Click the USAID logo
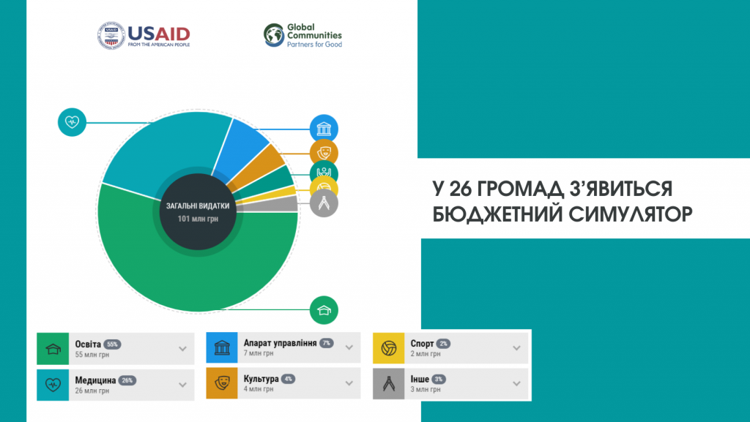click(144, 35)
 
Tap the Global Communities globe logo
click(274, 35)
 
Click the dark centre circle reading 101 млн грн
click(198, 212)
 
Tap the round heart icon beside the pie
click(72, 122)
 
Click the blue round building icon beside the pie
click(324, 129)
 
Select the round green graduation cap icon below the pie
click(324, 310)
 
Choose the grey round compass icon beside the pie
click(324, 203)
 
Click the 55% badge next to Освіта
click(112, 344)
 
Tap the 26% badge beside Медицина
click(127, 380)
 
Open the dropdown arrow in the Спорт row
click(516, 348)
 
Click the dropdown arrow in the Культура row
click(349, 383)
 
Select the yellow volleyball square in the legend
click(388, 348)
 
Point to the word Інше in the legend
click(420, 379)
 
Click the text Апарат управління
click(280, 343)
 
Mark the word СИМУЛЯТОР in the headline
click(631, 214)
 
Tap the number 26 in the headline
click(460, 189)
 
